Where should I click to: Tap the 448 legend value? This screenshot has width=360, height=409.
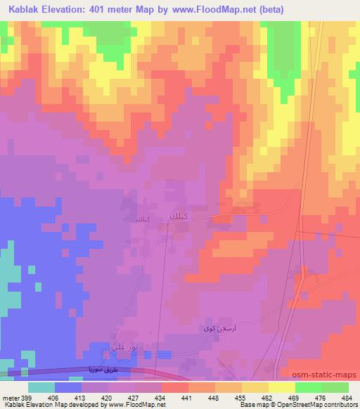click(214, 397)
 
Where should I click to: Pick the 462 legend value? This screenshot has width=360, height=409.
click(266, 397)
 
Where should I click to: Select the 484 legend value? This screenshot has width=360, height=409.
click(346, 397)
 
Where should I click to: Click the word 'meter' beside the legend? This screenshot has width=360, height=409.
click(10, 397)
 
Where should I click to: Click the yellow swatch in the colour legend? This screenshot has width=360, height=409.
click(281, 387)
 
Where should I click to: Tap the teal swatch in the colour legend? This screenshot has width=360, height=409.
click(41, 387)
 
